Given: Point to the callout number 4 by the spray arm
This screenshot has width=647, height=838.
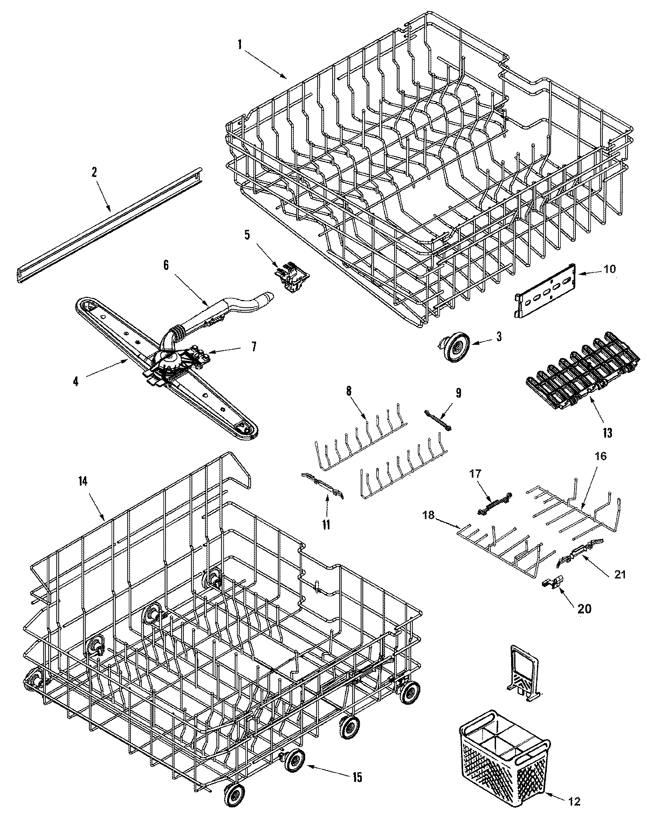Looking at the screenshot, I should [75, 381].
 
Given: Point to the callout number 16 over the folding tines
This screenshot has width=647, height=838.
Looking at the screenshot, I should [601, 457].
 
